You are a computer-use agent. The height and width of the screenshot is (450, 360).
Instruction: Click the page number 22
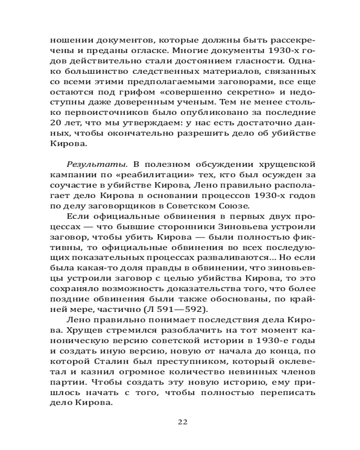click(x=182, y=422)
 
